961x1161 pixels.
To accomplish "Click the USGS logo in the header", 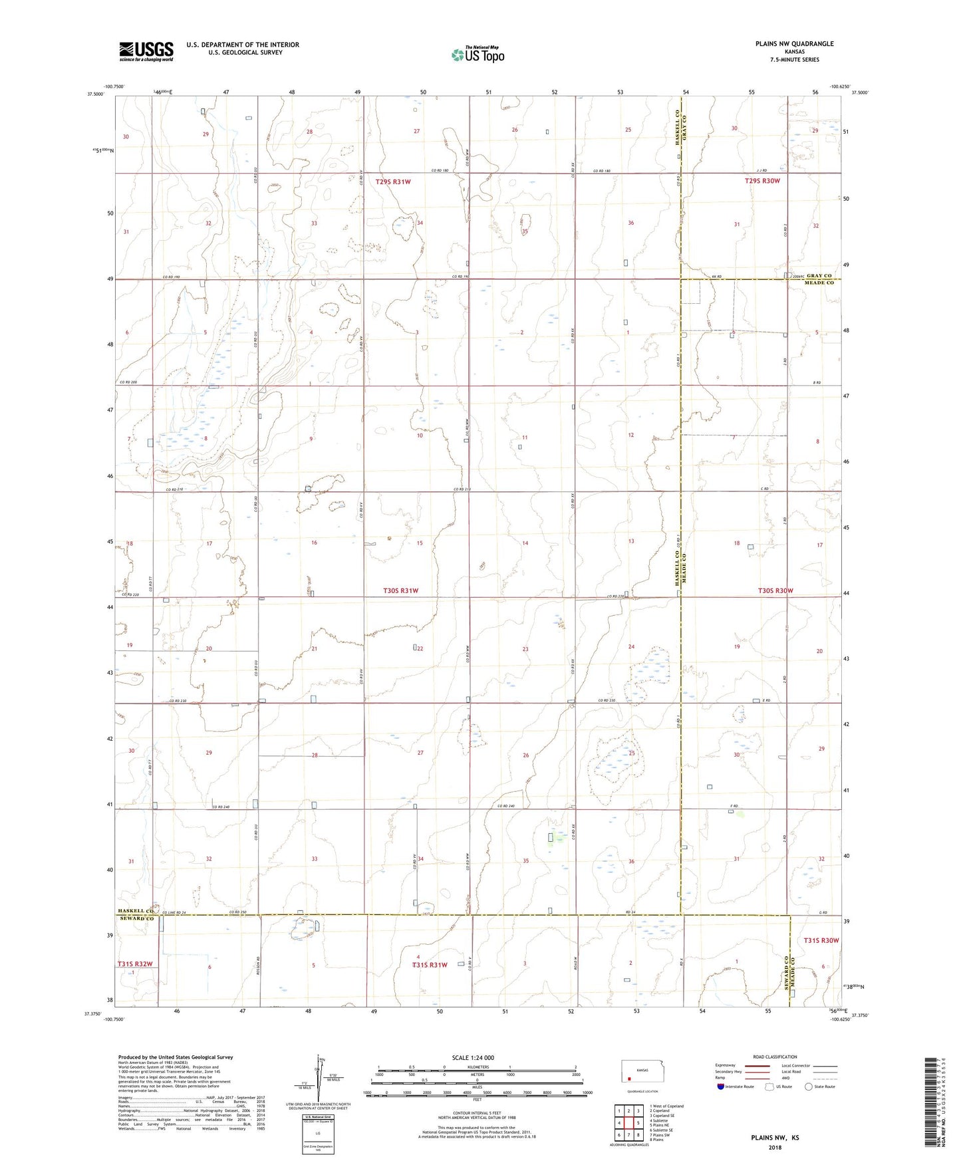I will tap(146, 51).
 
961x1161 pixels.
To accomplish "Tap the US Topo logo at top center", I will tap(477, 55).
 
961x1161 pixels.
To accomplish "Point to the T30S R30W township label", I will tap(775, 590).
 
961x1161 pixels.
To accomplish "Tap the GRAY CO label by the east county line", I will tap(819, 275).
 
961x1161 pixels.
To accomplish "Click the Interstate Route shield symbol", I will tap(721, 1087).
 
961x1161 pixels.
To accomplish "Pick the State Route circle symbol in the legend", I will tap(809, 1087).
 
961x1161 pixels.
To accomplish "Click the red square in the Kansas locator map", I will tap(629, 1079).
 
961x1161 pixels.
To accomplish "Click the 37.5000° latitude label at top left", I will tap(96, 94).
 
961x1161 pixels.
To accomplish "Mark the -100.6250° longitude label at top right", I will tap(839, 86).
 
